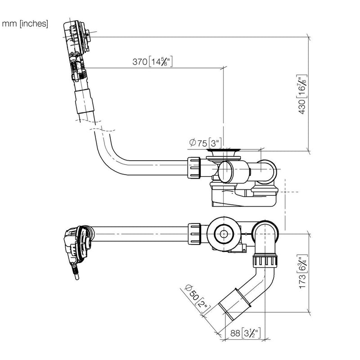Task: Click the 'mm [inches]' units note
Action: click(x=25, y=24)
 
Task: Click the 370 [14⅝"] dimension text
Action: click(x=153, y=62)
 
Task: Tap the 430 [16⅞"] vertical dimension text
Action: click(x=301, y=94)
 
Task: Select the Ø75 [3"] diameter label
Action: click(x=206, y=143)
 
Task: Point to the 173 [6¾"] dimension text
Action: click(x=302, y=271)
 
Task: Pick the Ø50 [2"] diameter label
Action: click(x=197, y=299)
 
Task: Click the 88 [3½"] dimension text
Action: click(x=245, y=333)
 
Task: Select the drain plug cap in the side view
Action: click(x=223, y=151)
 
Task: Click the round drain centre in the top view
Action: click(x=223, y=234)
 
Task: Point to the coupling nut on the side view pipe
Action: click(x=194, y=168)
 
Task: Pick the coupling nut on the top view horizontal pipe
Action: click(x=194, y=234)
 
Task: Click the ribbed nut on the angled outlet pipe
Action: click(x=265, y=261)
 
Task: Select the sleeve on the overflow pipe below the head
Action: click(x=84, y=102)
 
